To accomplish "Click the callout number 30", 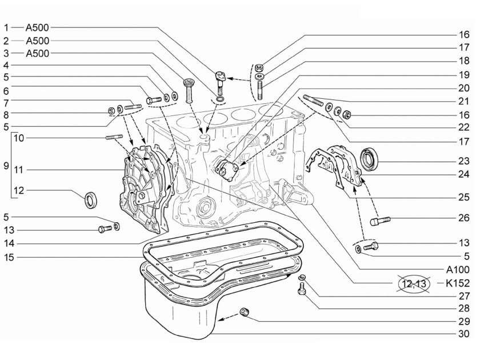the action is pyautogui.click(x=464, y=334).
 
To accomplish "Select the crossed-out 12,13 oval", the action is pyautogui.click(x=414, y=283).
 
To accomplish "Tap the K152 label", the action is pyautogui.click(x=457, y=283).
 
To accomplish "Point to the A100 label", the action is pyautogui.click(x=457, y=270).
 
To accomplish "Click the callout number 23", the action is pyautogui.click(x=464, y=161).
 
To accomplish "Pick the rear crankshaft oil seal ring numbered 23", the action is pyautogui.click(x=369, y=158).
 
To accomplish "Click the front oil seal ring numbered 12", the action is pyautogui.click(x=91, y=199).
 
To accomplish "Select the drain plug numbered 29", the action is pyautogui.click(x=245, y=312).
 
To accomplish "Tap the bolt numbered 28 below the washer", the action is pyautogui.click(x=301, y=289).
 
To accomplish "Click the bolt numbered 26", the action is pyautogui.click(x=380, y=221).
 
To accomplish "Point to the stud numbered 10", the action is pyautogui.click(x=114, y=137).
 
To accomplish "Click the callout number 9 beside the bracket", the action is pyautogui.click(x=6, y=166).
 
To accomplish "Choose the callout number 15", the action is pyautogui.click(x=9, y=258).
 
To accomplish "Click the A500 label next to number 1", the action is pyautogui.click(x=37, y=27).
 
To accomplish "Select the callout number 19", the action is pyautogui.click(x=464, y=75).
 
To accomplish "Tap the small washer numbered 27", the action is pyautogui.click(x=302, y=277).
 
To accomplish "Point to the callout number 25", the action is pyautogui.click(x=464, y=197).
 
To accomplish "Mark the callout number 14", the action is pyautogui.click(x=9, y=243).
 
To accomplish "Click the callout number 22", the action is pyautogui.click(x=464, y=127).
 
